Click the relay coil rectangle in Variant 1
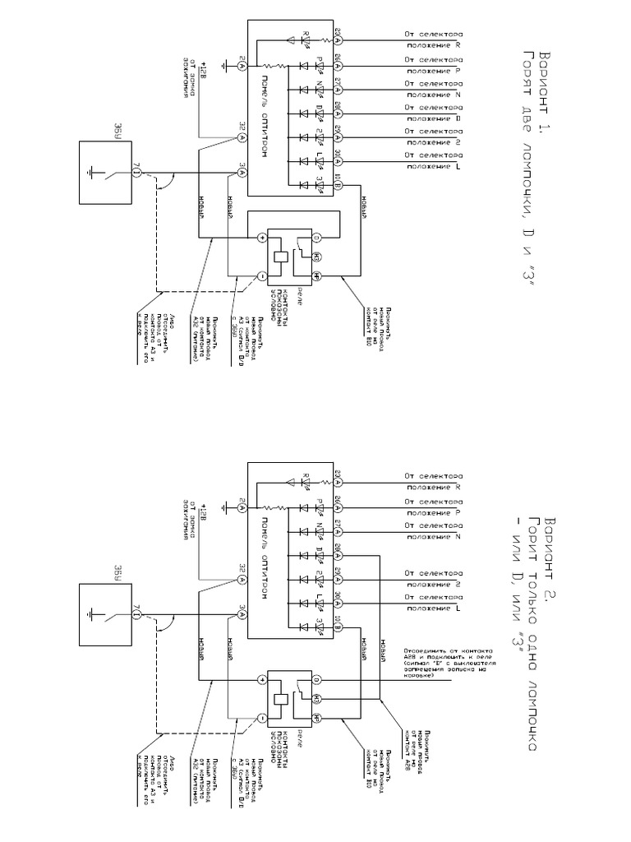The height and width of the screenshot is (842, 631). click(x=281, y=254)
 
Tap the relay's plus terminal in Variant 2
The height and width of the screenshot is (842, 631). click(x=262, y=678)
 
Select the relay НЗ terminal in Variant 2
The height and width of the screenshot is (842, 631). click(x=315, y=698)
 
